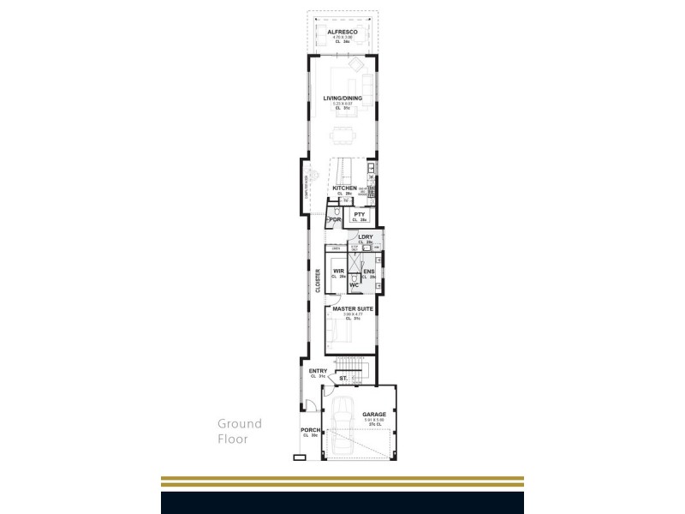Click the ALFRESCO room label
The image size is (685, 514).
342,31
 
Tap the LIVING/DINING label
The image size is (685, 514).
342,99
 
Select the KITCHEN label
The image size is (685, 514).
345,188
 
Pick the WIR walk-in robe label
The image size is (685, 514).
338,271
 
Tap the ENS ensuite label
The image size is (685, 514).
368,271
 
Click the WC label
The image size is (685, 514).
354,285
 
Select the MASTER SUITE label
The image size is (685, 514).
348,308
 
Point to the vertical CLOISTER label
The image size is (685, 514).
317,282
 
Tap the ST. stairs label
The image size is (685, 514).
342,378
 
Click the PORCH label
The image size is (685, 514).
309,430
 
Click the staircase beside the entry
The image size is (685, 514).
351,366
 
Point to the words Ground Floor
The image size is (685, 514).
239,431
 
